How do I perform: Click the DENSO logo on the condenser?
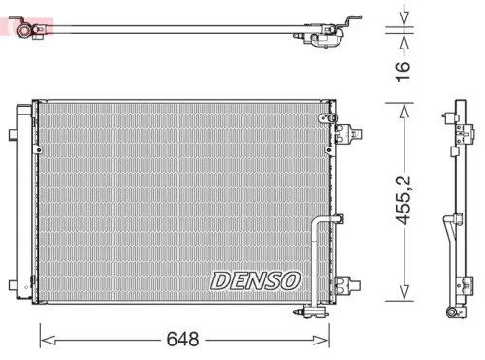point(256,280)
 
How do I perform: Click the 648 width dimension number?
point(182,339)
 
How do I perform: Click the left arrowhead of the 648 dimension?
point(45,339)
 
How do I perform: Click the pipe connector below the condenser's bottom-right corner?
point(312,310)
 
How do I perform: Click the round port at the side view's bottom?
point(452,311)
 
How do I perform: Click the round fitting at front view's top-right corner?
point(319,116)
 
